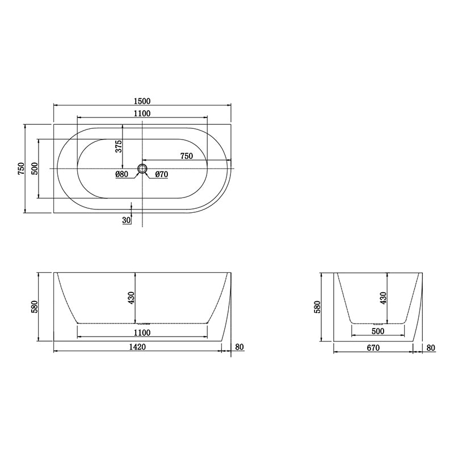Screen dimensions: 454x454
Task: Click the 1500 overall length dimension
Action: click(x=142, y=100)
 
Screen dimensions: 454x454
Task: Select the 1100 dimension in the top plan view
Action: click(x=142, y=113)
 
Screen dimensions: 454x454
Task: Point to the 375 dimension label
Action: click(x=119, y=146)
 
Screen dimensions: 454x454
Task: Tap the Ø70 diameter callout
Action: click(x=161, y=174)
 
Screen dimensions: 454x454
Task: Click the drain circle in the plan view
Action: click(x=142, y=169)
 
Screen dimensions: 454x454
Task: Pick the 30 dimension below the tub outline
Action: click(x=126, y=220)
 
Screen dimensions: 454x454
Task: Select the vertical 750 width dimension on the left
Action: click(x=21, y=169)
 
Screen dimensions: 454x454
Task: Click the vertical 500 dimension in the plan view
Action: click(x=35, y=169)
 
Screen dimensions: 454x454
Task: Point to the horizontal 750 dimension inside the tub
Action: click(x=186, y=155)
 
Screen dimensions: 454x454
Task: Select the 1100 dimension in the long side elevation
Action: click(x=142, y=333)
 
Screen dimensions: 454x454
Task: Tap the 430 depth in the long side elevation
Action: click(x=132, y=298)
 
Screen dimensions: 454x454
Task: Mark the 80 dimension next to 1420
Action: click(x=239, y=347)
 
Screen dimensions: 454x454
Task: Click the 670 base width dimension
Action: click(x=372, y=347)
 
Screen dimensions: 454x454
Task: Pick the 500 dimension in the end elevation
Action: click(x=378, y=331)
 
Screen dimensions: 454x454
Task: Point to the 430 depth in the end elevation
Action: click(x=382, y=298)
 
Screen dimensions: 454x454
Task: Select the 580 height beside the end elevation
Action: click(x=318, y=307)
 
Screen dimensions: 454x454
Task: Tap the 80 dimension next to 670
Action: click(x=431, y=347)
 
